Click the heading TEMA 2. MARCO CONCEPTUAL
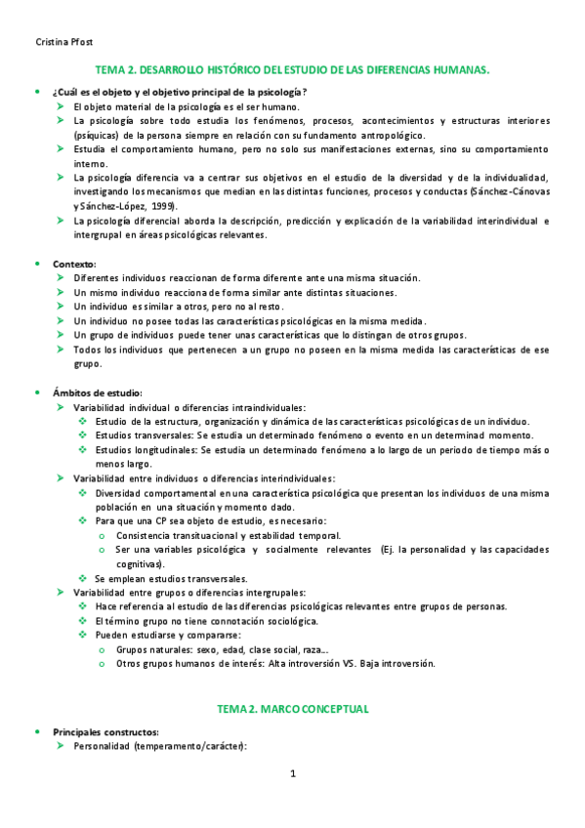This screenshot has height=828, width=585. (292, 708)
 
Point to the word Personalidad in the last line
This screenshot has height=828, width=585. (103, 747)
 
